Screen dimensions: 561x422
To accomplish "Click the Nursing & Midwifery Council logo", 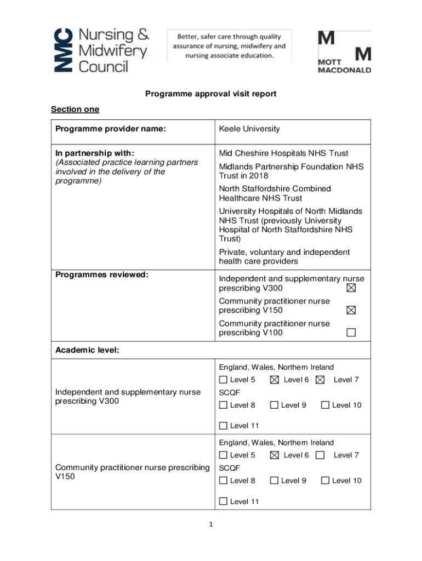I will pyautogui.click(x=101, y=50).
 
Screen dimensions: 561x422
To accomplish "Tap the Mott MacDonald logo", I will pyautogui.click(x=344, y=52).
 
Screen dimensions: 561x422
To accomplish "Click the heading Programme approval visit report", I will pyautogui.click(x=210, y=94).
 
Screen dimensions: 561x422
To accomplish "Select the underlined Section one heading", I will pyautogui.click(x=75, y=109).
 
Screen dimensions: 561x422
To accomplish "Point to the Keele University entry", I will pyautogui.click(x=249, y=129).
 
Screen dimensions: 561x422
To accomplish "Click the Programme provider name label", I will pyautogui.click(x=111, y=129).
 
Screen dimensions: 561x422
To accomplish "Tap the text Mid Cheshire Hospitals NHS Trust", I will pyautogui.click(x=283, y=153).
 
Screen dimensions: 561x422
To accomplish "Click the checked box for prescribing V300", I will pyautogui.click(x=351, y=288).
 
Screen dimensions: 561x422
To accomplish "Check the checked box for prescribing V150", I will pyautogui.click(x=351, y=310).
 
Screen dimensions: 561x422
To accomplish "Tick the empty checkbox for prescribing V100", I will pyautogui.click(x=351, y=333).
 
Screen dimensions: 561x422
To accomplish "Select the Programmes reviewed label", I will pyautogui.click(x=102, y=274).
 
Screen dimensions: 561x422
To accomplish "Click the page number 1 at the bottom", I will pyautogui.click(x=210, y=524).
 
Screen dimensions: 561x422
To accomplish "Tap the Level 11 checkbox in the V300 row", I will pyautogui.click(x=223, y=426).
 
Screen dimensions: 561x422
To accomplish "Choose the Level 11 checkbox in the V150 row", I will pyautogui.click(x=223, y=501).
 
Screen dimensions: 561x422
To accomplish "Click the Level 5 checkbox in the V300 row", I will pyautogui.click(x=223, y=380).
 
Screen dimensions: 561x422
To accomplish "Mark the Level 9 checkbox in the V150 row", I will pyautogui.click(x=274, y=480).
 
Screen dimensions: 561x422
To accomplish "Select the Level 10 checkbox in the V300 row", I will pyautogui.click(x=325, y=405).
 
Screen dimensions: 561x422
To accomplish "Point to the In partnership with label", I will pyautogui.click(x=95, y=153).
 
